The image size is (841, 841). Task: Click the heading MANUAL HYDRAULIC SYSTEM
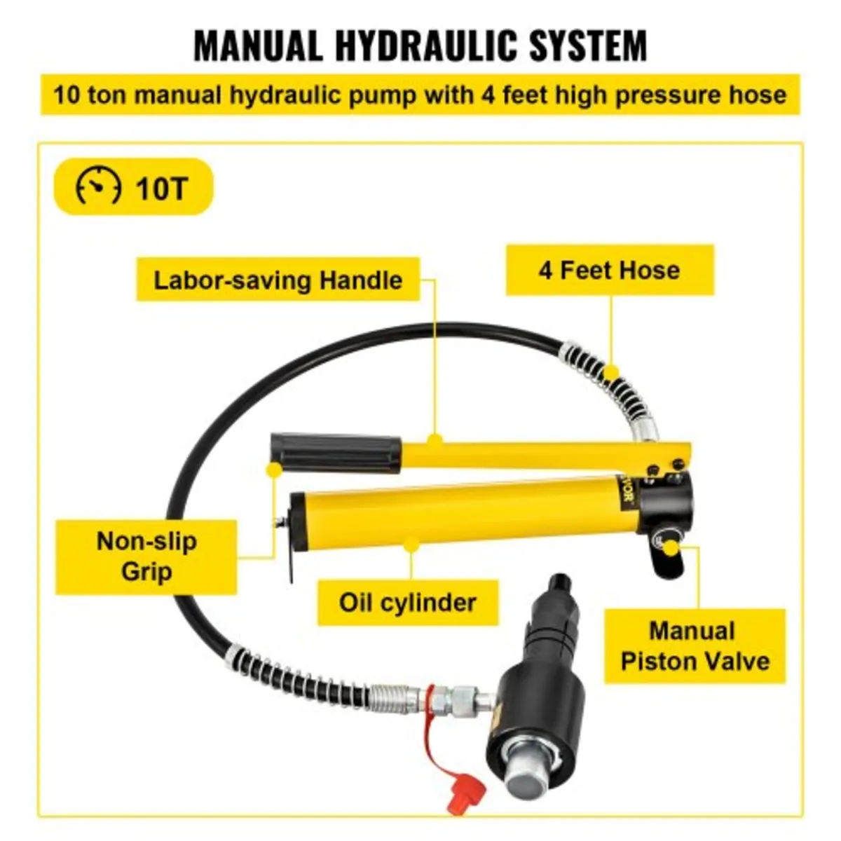pos(420,46)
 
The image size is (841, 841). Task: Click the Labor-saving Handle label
pos(278,280)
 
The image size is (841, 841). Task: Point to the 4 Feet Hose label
pos(609,270)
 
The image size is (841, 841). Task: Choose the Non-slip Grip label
pos(146,556)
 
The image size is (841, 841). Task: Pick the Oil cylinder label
pos(407,602)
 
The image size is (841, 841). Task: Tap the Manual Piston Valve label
pos(695,645)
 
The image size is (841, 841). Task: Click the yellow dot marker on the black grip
pos(275,470)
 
